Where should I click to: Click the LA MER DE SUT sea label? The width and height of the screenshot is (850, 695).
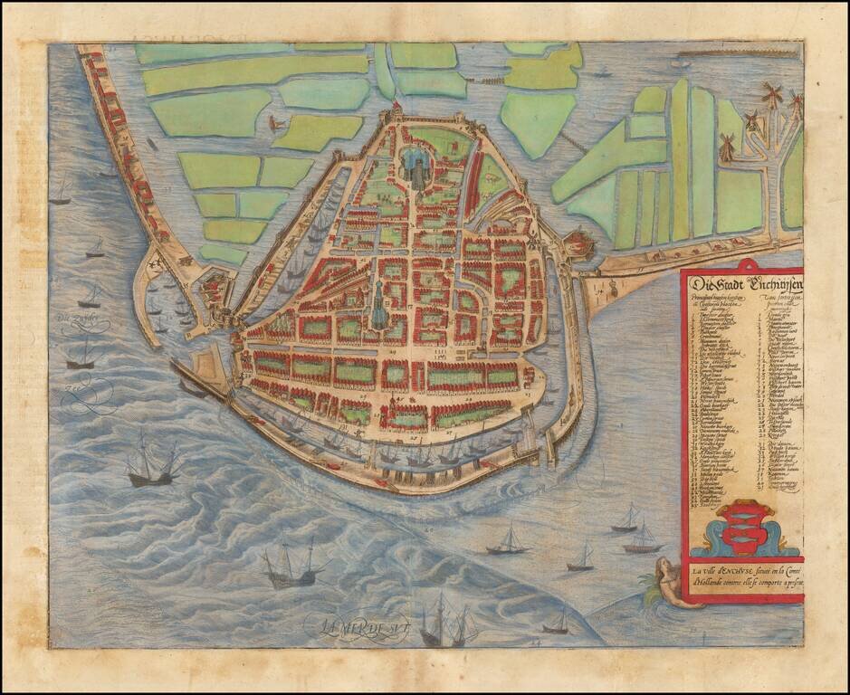(x=359, y=623)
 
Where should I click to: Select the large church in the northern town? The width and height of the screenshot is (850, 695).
(x=417, y=167)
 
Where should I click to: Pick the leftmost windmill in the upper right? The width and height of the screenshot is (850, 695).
(x=726, y=145)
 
